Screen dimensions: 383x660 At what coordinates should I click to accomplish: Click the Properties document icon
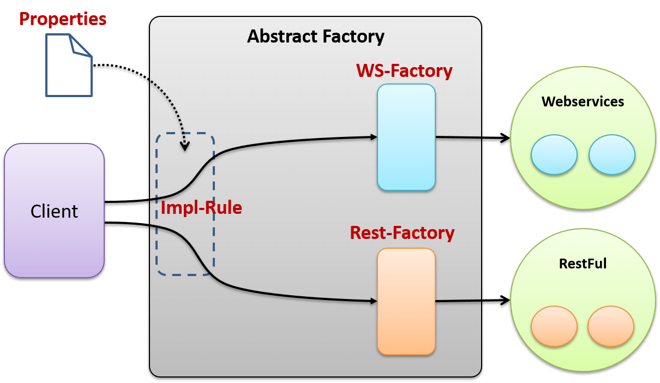68,65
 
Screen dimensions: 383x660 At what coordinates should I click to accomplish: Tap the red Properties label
63,19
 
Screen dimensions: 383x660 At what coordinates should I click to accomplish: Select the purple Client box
54,211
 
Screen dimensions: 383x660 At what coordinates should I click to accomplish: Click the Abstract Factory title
315,37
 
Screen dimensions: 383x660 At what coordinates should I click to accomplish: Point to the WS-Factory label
404,71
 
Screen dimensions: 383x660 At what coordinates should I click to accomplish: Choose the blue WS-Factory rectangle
406,137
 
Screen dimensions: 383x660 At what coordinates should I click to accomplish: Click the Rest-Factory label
402,233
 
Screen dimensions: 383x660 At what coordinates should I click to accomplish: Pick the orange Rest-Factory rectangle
406,301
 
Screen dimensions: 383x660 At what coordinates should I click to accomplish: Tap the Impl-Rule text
201,208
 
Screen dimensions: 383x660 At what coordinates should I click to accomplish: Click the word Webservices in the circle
583,101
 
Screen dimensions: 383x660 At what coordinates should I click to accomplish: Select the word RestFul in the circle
583,264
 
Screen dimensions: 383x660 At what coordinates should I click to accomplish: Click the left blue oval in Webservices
554,155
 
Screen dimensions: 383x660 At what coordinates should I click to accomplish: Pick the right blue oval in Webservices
611,155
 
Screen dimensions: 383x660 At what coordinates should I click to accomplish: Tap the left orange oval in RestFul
554,326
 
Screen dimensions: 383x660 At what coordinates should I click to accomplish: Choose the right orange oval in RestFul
611,326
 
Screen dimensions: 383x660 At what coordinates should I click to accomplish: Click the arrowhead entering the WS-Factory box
374,137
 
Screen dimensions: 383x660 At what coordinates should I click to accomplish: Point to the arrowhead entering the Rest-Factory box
374,301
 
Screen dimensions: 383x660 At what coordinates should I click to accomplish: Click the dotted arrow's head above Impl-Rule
185,146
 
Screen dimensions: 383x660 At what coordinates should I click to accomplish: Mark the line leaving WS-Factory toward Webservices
458,137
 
